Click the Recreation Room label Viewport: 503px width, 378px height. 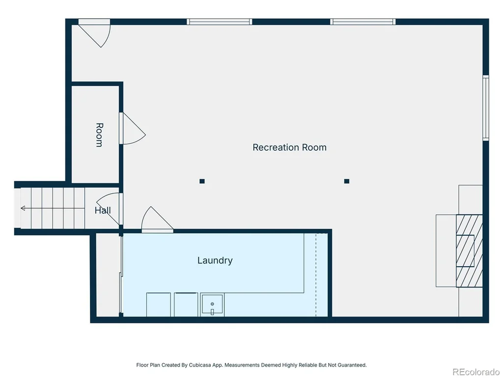coord(289,147)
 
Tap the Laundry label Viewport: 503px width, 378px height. coord(215,260)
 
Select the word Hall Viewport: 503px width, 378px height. coord(103,211)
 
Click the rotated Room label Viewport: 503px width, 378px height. coord(99,135)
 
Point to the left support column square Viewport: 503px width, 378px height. coord(202,181)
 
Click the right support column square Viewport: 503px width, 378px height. coord(346,181)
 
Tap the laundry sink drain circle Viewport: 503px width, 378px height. coord(212,304)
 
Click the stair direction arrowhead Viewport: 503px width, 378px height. coord(23,208)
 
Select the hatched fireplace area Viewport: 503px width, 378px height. coord(469,251)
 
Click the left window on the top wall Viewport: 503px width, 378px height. coord(220,22)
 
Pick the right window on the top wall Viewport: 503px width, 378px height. coord(363,22)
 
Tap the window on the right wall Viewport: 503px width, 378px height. coord(486,108)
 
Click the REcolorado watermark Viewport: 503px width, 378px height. coord(476,372)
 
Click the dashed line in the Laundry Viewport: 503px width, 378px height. coord(316,275)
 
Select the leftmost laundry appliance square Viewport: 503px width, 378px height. coord(159,305)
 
